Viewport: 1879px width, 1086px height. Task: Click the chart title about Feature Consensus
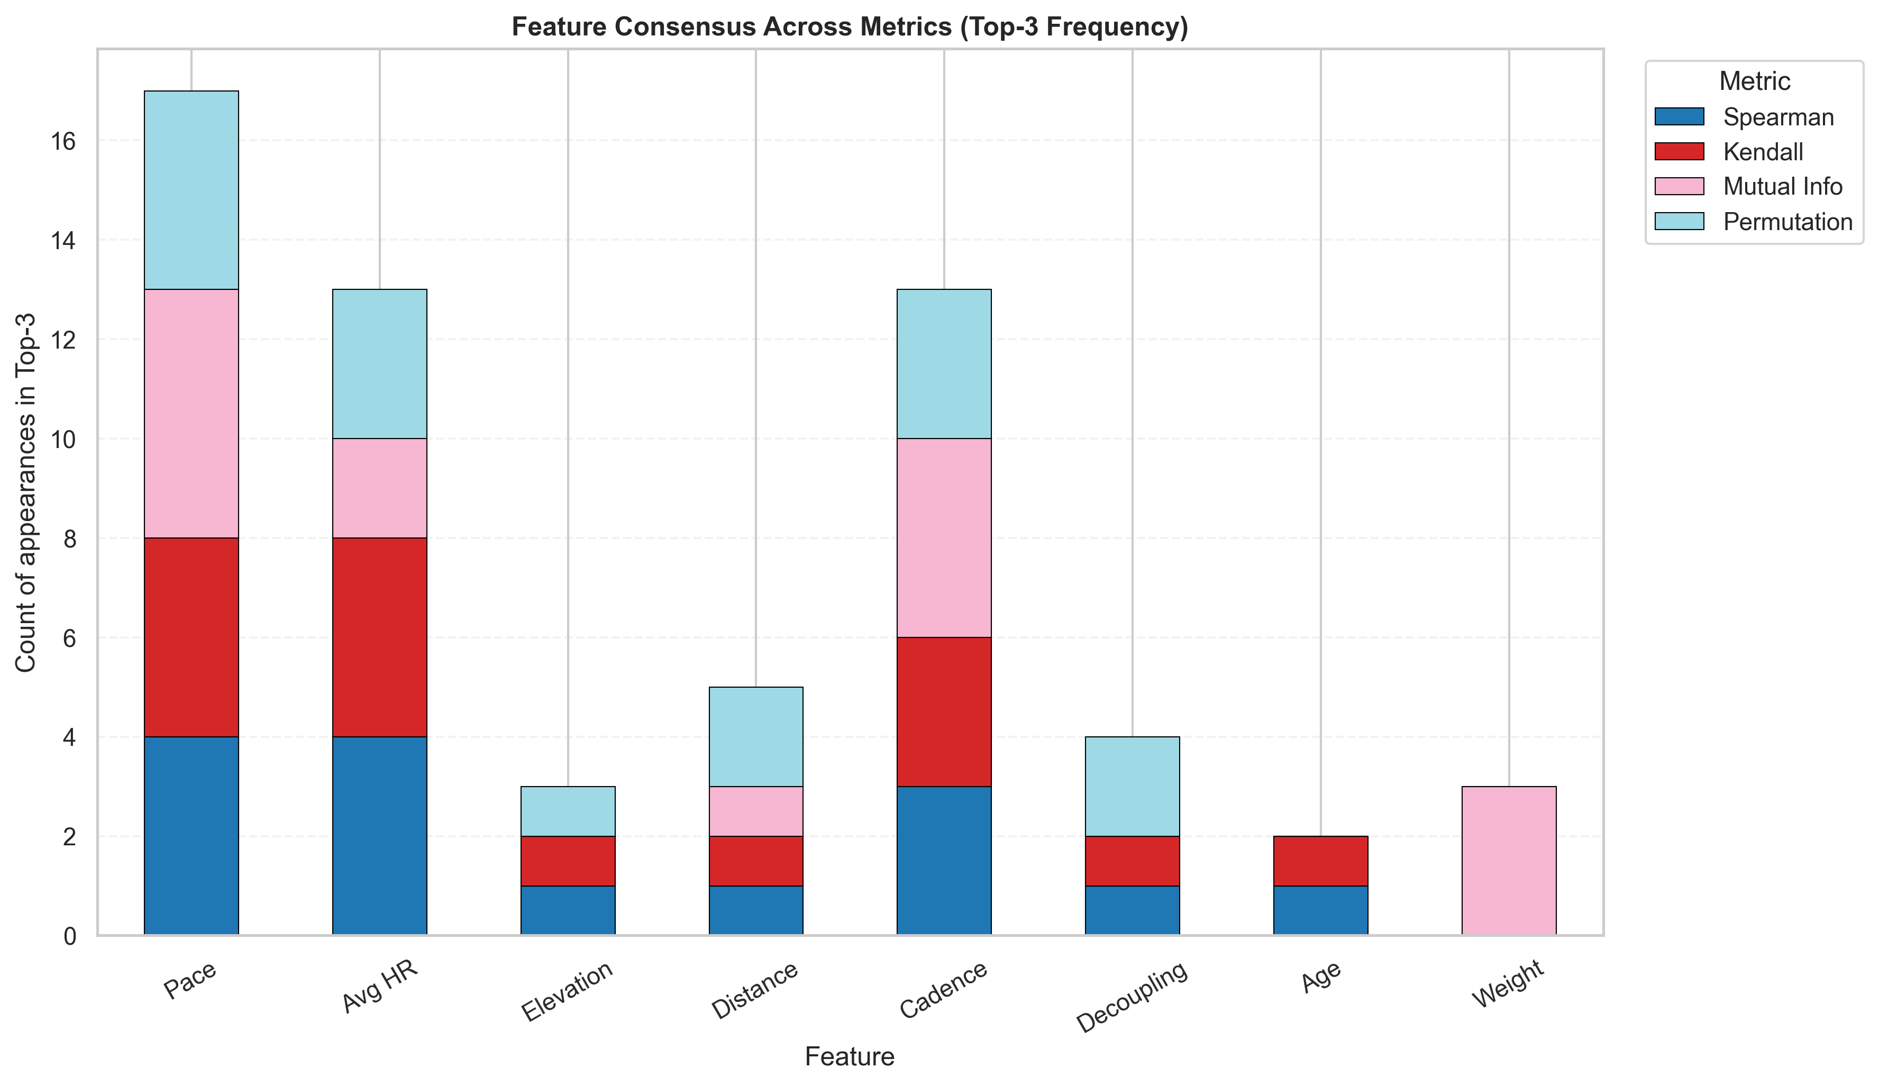(849, 27)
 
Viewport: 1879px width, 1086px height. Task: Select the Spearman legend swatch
(1679, 117)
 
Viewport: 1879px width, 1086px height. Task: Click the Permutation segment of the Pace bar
(191, 190)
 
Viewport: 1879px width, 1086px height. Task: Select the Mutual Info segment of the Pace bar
(191, 414)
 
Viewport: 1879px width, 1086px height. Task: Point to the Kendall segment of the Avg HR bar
(379, 637)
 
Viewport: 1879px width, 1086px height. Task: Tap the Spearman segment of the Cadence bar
(944, 861)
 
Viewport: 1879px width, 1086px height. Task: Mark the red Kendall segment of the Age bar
(1320, 861)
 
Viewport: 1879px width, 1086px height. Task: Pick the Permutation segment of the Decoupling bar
(1133, 787)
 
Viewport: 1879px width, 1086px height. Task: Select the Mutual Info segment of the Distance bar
(756, 811)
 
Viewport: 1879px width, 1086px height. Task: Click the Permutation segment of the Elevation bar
(568, 811)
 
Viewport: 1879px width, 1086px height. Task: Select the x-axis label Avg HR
(379, 988)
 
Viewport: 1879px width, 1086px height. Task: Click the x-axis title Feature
(849, 1057)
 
